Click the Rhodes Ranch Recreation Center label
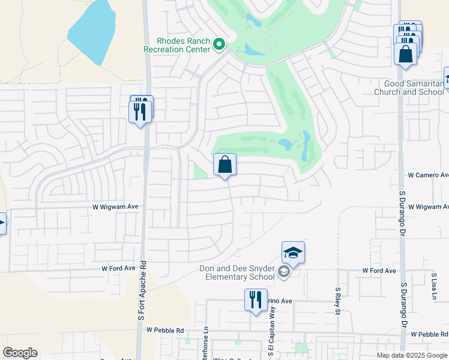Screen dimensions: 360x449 [x=177, y=45]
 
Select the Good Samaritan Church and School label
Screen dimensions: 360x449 [x=409, y=88]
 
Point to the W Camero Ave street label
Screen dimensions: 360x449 [x=428, y=175]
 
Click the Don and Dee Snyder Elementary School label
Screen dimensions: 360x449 [x=235, y=272]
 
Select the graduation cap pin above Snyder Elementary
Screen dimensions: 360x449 [x=293, y=253]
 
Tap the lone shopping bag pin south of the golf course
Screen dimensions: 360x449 [x=224, y=165]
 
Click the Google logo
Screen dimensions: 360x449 [x=20, y=353]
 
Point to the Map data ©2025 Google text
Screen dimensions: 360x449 [x=412, y=355]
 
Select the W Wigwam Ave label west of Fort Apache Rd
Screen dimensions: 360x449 [x=115, y=206]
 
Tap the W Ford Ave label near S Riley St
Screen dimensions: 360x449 [x=379, y=271]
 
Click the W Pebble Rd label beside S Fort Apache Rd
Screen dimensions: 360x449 [x=164, y=330]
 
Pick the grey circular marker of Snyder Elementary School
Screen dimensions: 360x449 [x=283, y=273]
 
